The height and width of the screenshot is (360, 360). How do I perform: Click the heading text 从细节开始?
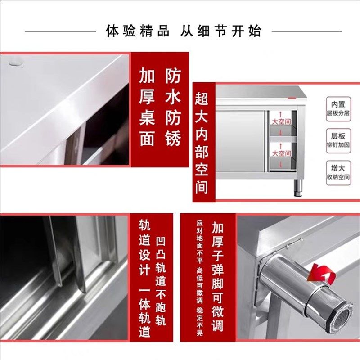point(220,31)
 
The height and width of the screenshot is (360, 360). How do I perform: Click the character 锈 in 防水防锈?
point(173,138)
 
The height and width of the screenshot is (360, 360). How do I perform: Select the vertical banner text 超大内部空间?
point(202,142)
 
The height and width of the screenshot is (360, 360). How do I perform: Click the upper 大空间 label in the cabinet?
point(280,121)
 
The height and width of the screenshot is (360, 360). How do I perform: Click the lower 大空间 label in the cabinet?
point(280,153)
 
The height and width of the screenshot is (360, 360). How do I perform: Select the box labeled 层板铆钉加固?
point(338,140)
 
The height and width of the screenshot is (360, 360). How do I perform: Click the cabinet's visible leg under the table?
point(298,187)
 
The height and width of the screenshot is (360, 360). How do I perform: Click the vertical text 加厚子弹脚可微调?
point(218,276)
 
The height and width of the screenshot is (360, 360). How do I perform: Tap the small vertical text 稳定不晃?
point(199,322)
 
